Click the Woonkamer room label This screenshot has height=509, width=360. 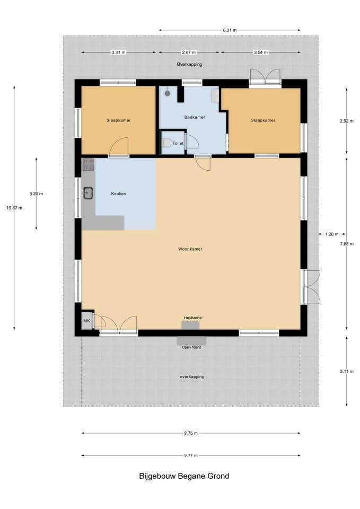point(190,249)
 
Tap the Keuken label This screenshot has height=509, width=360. point(118,194)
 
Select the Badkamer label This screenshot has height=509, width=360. point(195,117)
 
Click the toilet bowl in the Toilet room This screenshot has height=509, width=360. point(167,143)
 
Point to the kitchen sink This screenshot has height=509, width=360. point(87,192)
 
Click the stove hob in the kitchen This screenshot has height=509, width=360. point(89,164)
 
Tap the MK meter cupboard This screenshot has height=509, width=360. point(86,321)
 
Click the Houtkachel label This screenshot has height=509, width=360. point(193,318)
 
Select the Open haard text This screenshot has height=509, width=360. point(191,347)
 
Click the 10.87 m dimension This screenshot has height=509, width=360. point(14,208)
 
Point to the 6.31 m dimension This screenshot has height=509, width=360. point(230,30)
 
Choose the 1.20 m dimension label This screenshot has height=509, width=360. point(331,234)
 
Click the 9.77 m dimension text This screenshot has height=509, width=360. point(191,455)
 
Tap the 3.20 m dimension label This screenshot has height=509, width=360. point(36,194)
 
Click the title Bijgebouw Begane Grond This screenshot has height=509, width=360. point(184,476)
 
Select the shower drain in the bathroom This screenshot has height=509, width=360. point(168,93)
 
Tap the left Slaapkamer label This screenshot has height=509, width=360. point(118,120)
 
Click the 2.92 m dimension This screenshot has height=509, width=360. point(347,121)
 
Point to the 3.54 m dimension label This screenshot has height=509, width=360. point(261,52)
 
